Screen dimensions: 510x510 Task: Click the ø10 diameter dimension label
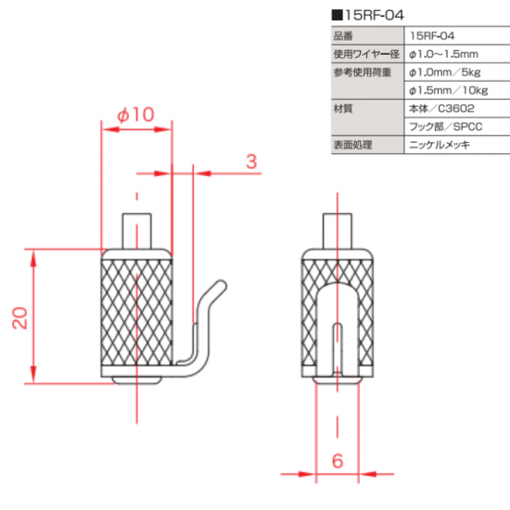coord(135,114)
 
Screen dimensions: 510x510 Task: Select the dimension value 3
coord(251,161)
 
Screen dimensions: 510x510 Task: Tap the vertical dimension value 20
coord(20,318)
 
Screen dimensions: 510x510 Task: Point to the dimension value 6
coord(338,461)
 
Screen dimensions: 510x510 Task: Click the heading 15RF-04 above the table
coord(374,15)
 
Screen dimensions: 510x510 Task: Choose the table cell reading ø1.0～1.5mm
coord(443,54)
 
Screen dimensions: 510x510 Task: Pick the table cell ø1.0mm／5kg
coord(444,72)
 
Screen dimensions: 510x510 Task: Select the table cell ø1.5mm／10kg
coord(448,91)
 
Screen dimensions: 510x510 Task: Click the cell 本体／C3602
coord(441,108)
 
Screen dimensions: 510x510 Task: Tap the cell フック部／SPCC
coord(446,126)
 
